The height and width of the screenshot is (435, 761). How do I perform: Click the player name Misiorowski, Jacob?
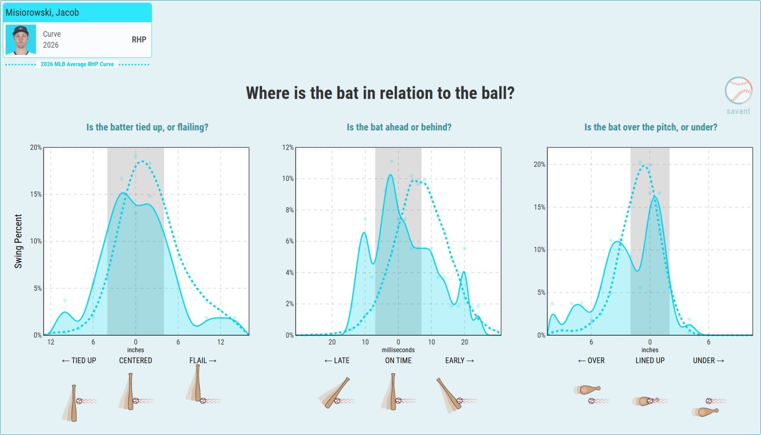[42, 13]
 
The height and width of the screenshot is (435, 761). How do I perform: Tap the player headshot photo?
[21, 40]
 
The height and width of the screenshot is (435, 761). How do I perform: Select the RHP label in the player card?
[139, 40]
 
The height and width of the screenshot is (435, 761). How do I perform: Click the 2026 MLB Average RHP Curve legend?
[77, 64]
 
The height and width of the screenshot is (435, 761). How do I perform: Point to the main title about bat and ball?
[380, 93]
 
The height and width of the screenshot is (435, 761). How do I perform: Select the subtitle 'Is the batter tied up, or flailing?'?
[147, 127]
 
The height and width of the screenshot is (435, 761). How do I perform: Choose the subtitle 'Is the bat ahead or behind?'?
[399, 127]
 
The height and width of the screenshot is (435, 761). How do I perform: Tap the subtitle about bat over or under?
[651, 127]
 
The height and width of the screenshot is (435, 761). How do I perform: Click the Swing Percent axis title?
[18, 241]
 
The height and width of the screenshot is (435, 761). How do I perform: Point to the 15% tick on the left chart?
[36, 194]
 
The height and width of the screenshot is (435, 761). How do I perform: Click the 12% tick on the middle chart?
[288, 148]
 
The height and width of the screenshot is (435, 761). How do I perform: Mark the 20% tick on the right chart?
[539, 164]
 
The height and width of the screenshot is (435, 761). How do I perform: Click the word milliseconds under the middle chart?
[398, 350]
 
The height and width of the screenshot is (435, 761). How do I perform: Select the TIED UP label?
[79, 361]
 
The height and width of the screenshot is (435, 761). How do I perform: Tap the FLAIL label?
[203, 361]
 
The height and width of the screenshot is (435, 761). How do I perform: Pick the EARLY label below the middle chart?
[460, 361]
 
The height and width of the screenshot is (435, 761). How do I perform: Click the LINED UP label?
[650, 361]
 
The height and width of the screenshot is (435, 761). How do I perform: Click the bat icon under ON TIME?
[393, 391]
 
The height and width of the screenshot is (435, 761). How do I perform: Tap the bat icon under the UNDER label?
[706, 411]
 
